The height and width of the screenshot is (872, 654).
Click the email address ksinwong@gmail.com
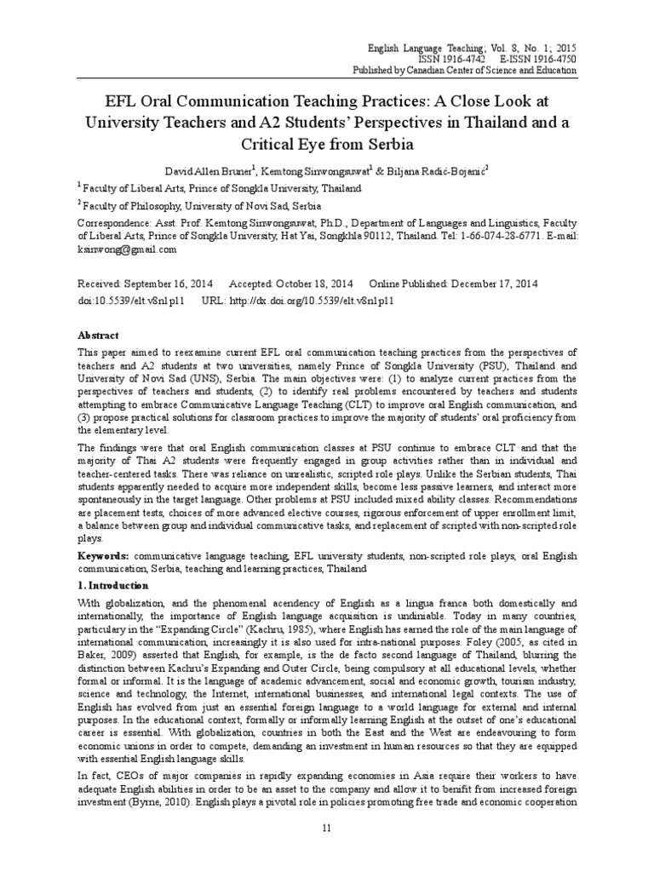click(x=126, y=250)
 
